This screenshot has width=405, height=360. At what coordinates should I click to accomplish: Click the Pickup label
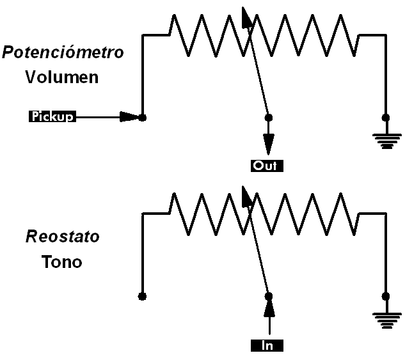coord(52,116)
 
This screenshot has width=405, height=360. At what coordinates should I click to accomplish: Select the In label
coord(267,346)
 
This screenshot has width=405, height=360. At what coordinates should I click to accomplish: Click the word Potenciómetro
coord(63,53)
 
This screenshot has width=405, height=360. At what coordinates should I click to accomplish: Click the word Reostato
coord(63,237)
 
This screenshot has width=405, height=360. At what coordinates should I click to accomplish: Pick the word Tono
coord(62,262)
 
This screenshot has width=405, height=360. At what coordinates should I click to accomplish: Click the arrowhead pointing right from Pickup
coord(131,117)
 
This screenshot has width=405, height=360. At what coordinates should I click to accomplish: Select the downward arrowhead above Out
coord(269,141)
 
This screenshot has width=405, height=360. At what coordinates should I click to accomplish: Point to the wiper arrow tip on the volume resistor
coord(244,13)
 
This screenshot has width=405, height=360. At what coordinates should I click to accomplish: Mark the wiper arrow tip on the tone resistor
coord(244,192)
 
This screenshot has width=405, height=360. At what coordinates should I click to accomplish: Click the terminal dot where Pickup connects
coord(142,118)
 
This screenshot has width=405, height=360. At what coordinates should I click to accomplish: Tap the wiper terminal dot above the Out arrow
coord(269,118)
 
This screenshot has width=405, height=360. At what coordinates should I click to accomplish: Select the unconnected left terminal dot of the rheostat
coord(142,296)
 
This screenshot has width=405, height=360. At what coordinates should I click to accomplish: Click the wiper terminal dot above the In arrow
coord(269,296)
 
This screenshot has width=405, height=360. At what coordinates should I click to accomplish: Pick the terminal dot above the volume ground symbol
coord(385,118)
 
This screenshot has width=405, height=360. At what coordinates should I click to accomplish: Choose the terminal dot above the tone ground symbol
coord(385,296)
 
